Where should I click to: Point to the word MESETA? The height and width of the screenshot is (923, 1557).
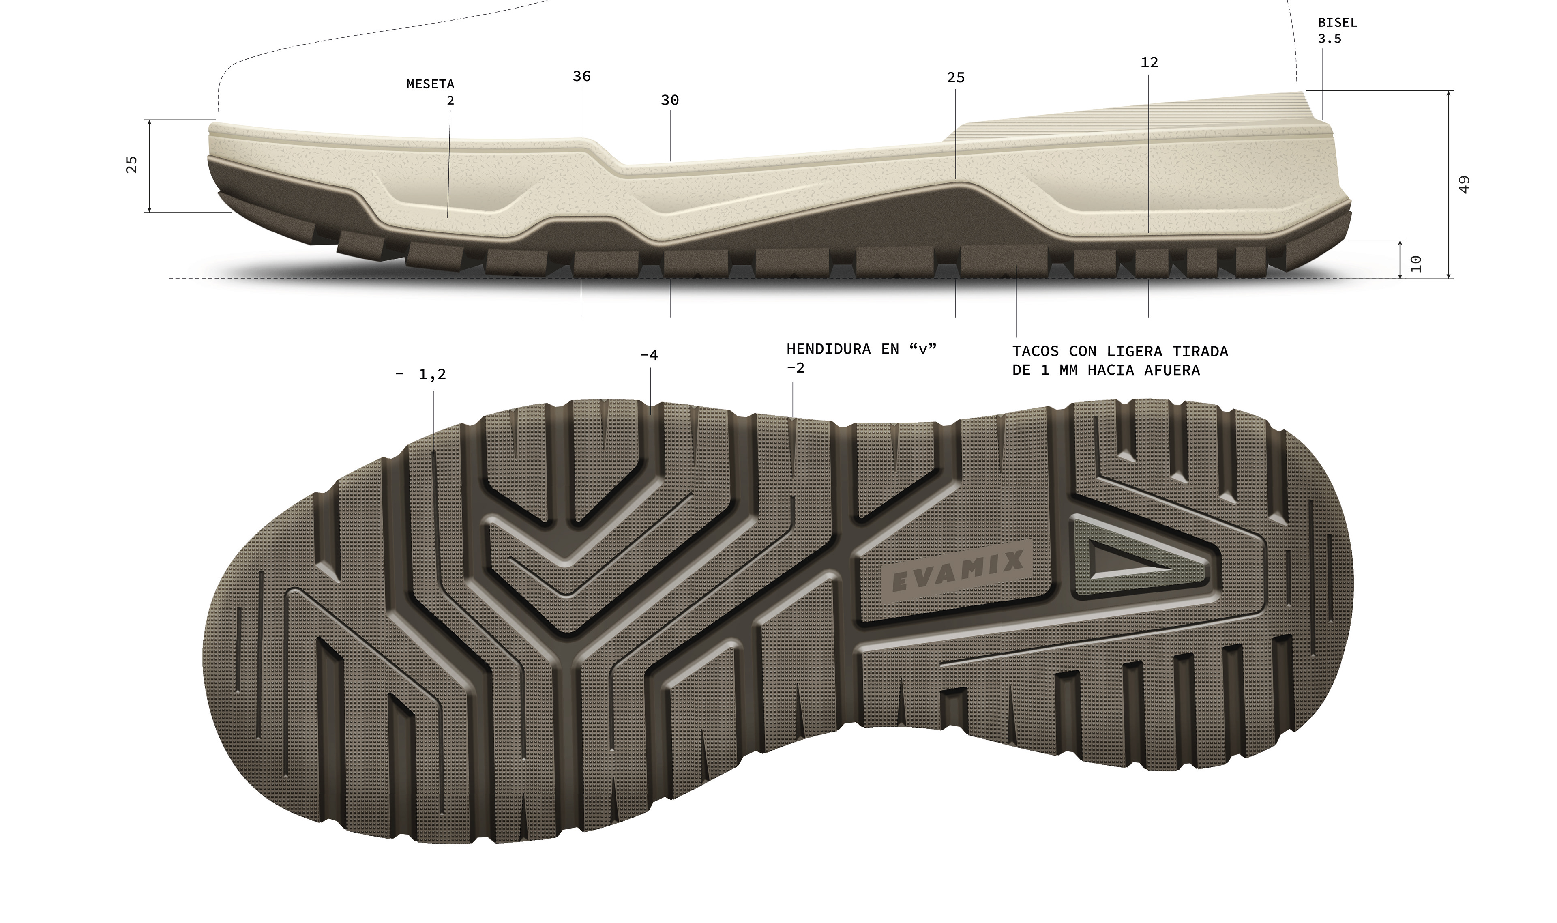pyautogui.click(x=430, y=84)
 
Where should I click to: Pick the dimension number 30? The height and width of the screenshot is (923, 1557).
pyautogui.click(x=670, y=100)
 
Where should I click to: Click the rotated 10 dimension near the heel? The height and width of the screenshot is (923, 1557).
pyautogui.click(x=1416, y=263)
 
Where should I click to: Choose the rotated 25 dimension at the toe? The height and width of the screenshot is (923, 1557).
pyautogui.click(x=132, y=164)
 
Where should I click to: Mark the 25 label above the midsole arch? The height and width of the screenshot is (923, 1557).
pyautogui.click(x=956, y=78)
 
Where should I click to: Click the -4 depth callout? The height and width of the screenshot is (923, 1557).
pyautogui.click(x=648, y=355)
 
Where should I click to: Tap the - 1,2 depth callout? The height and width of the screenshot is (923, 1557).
pyautogui.click(x=421, y=374)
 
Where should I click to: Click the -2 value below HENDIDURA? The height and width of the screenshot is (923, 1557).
pyautogui.click(x=795, y=368)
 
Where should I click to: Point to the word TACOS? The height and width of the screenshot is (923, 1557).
pyautogui.click(x=1035, y=352)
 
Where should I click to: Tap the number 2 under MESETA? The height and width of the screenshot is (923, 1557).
pyautogui.click(x=450, y=101)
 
